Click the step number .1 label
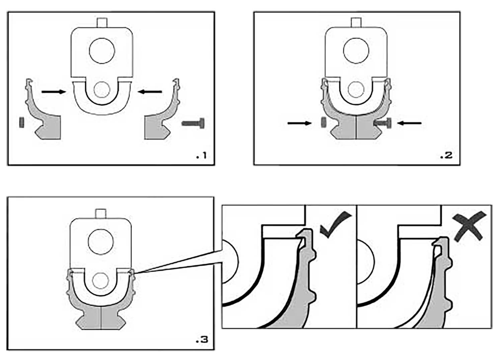[201, 155]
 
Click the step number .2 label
[446, 155]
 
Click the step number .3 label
[202, 340]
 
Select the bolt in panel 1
[193, 123]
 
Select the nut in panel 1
[22, 122]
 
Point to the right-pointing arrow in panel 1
[54, 91]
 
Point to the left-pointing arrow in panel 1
[150, 91]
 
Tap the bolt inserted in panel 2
[382, 123]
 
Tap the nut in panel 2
[324, 122]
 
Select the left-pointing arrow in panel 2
[409, 123]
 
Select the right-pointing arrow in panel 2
[300, 123]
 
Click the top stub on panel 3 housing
[101, 214]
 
